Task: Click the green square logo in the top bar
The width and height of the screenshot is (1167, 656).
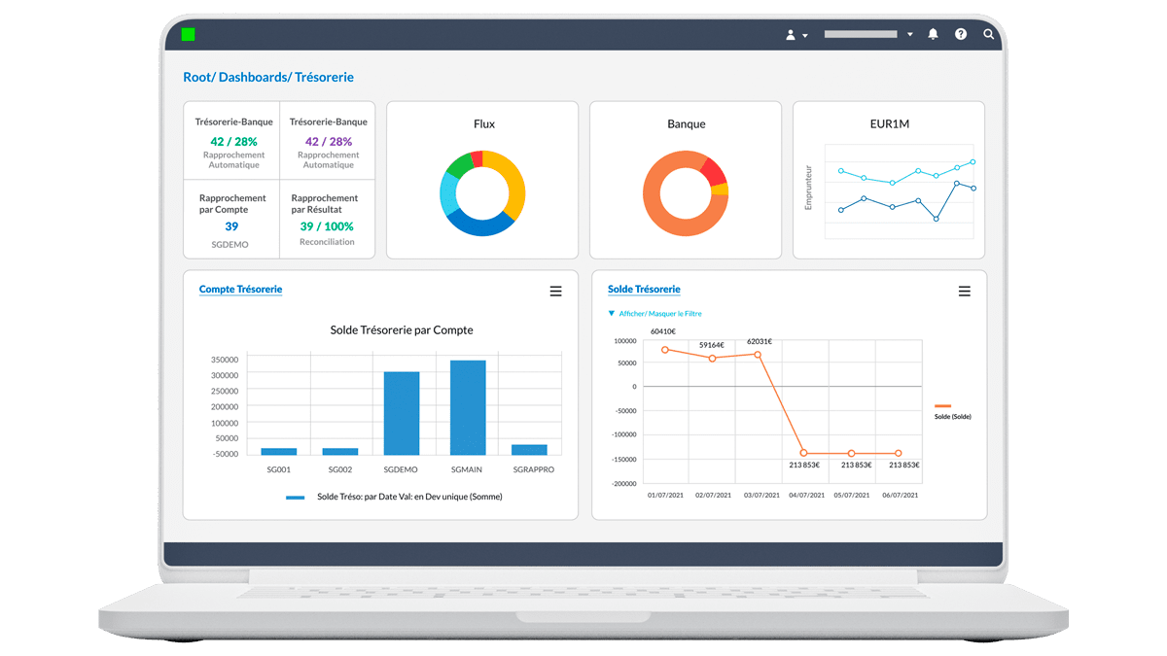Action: (188, 34)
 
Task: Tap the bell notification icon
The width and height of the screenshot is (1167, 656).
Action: (933, 34)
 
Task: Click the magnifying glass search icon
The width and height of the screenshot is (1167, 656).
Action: (989, 34)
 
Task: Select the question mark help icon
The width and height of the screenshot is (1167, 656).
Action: (961, 34)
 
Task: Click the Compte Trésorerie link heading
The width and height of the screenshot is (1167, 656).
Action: (240, 290)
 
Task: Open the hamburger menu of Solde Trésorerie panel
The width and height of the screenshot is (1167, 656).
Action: (965, 292)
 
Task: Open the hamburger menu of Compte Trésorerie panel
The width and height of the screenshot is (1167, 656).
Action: (556, 292)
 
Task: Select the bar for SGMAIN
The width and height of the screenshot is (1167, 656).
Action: (468, 407)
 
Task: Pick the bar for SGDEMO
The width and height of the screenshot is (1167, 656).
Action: (402, 413)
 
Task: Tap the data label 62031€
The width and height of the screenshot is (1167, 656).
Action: (759, 341)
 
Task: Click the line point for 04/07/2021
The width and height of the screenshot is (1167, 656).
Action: (804, 453)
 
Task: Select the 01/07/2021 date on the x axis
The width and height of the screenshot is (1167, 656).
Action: (665, 496)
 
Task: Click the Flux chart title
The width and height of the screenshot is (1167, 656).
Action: (483, 124)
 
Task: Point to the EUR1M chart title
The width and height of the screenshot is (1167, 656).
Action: (890, 124)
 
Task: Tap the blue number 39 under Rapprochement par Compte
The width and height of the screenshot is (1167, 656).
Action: (231, 226)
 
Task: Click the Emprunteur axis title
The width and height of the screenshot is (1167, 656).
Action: (809, 187)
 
